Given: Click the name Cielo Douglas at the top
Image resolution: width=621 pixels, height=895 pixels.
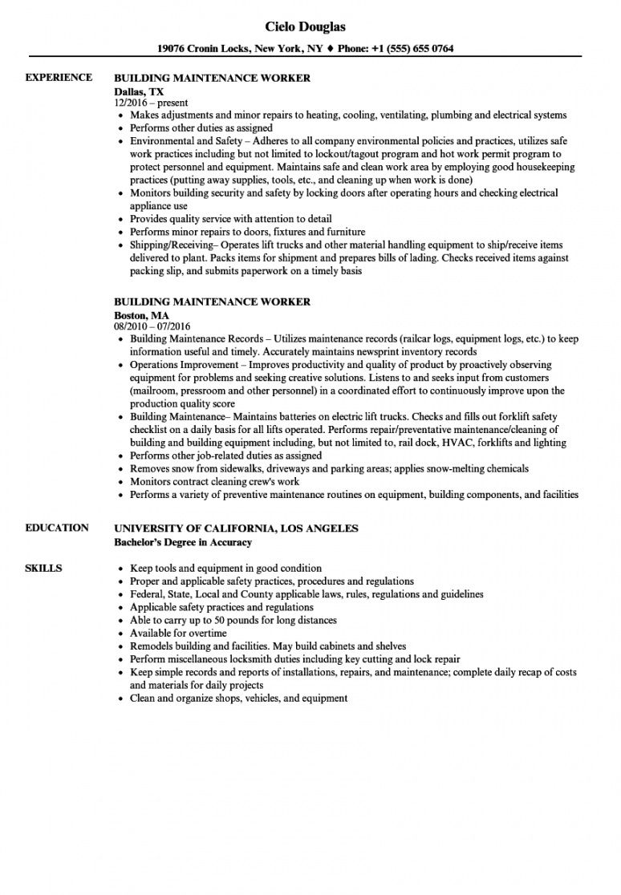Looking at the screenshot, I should (310, 26).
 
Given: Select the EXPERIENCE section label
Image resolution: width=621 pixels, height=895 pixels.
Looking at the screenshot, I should (59, 78).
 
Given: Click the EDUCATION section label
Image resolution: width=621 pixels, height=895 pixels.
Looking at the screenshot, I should (57, 528).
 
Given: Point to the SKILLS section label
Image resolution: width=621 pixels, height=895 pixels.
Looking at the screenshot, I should (43, 568).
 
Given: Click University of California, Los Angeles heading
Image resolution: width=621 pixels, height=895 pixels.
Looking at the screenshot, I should (236, 528).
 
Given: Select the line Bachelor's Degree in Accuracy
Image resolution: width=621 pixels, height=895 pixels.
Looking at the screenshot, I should (183, 542).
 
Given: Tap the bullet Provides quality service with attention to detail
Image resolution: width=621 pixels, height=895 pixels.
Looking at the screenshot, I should (230, 219).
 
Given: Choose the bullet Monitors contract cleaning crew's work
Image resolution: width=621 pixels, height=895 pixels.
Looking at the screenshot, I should (214, 481).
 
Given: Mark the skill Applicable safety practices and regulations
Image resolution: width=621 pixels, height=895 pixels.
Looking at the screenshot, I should (221, 607).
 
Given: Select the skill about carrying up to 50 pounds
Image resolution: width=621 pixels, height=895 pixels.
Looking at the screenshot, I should (233, 620).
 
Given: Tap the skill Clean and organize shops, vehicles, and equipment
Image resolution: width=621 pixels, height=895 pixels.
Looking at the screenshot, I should (238, 698).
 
